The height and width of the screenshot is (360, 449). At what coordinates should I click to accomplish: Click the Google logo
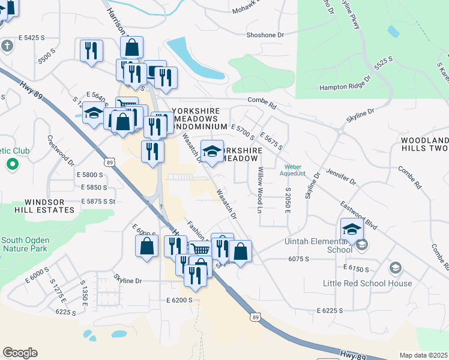coord(20,353)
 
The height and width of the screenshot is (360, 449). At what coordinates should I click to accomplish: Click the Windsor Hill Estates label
coord(41,205)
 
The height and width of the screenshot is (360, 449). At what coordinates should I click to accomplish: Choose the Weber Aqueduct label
coord(292,170)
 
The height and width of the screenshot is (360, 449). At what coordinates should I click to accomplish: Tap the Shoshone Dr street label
coord(265,35)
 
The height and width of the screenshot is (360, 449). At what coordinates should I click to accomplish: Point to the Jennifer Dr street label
coord(342,178)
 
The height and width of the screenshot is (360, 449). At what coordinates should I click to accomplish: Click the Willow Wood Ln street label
coord(261,190)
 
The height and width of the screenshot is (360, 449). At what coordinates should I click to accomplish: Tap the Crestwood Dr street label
coord(61,149)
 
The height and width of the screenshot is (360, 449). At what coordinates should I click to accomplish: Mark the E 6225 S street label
coord(330,311)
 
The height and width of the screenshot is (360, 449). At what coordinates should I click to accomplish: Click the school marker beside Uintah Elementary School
coord(352,229)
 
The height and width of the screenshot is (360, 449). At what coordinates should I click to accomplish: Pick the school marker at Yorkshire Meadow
coord(212,151)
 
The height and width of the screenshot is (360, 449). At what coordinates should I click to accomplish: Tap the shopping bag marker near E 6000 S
coord(147,245)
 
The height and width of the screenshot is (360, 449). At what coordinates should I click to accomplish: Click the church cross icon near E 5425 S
coord(7,46)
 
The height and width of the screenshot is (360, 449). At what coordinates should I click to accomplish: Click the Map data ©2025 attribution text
coord(424,355)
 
